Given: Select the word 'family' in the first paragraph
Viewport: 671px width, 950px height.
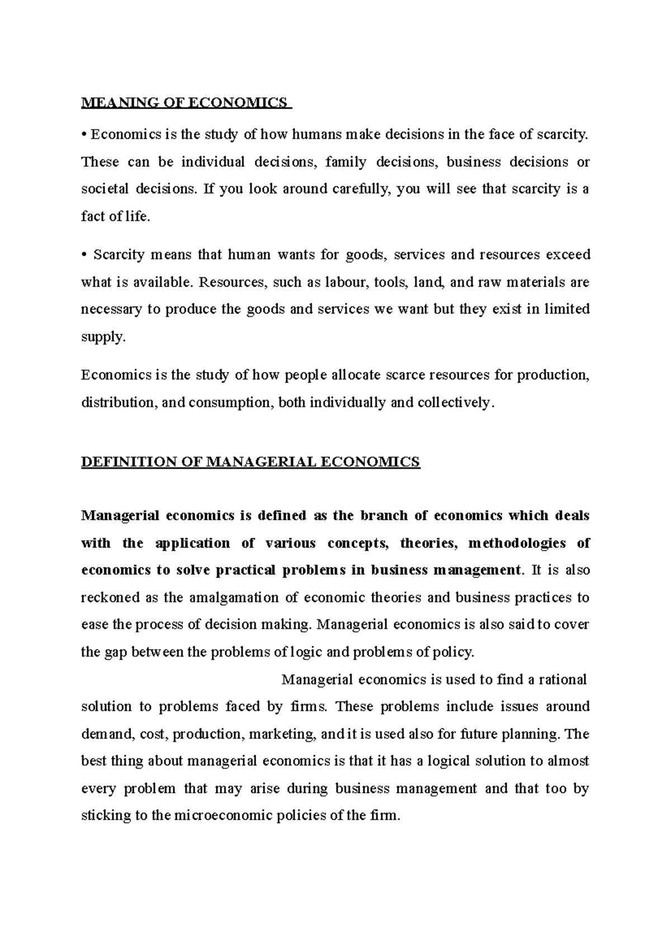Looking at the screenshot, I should pyautogui.click(x=346, y=162).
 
